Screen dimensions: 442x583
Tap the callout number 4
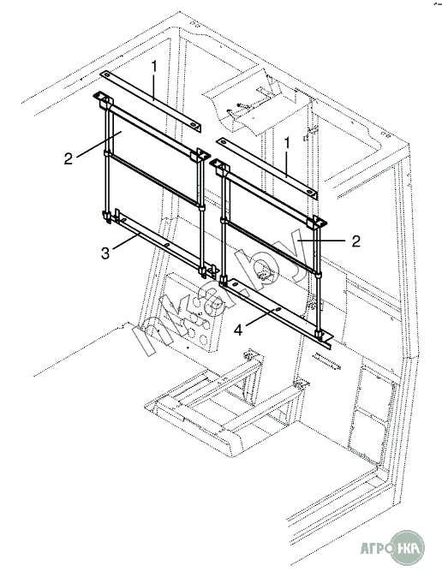238,330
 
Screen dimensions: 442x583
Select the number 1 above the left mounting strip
154,67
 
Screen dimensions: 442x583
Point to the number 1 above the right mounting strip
286,143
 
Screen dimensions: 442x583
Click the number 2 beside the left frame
69,158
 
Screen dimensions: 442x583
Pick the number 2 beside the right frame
356,241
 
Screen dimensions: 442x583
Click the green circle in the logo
408,547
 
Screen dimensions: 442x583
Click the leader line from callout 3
126,241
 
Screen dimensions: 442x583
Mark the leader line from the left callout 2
99,145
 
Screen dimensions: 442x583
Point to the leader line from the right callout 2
322,241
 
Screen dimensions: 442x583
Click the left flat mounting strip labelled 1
151,100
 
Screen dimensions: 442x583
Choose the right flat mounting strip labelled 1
267,169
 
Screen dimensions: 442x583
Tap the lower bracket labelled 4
278,312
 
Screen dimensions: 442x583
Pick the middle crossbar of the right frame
272,247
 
